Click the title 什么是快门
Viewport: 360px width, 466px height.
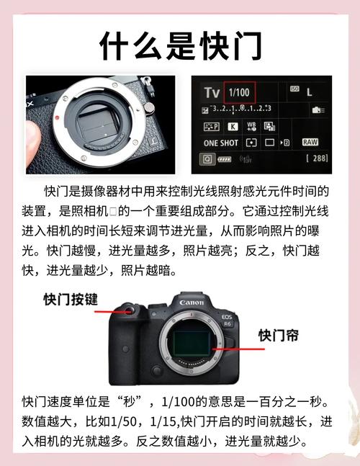pyautogui.click(x=180, y=46)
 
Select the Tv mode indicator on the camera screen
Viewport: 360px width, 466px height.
pyautogui.click(x=211, y=92)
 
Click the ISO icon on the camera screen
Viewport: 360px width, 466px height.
pyautogui.click(x=294, y=89)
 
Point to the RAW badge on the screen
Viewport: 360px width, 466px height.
pyautogui.click(x=310, y=142)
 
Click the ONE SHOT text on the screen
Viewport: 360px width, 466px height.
pyautogui.click(x=220, y=143)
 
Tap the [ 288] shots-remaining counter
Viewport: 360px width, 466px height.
pyautogui.click(x=317, y=157)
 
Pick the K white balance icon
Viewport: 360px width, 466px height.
pyautogui.click(x=233, y=126)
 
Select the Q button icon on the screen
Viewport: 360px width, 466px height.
pyautogui.click(x=207, y=158)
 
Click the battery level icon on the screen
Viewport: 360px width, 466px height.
pyautogui.click(x=225, y=158)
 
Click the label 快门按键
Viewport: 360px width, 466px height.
pyautogui.click(x=70, y=299)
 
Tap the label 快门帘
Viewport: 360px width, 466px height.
pyautogui.click(x=279, y=336)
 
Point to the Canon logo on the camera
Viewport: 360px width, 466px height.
pyautogui.click(x=192, y=303)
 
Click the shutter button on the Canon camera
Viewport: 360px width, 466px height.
pyautogui.click(x=129, y=311)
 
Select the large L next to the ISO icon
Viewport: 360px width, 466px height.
pyautogui.click(x=310, y=92)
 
